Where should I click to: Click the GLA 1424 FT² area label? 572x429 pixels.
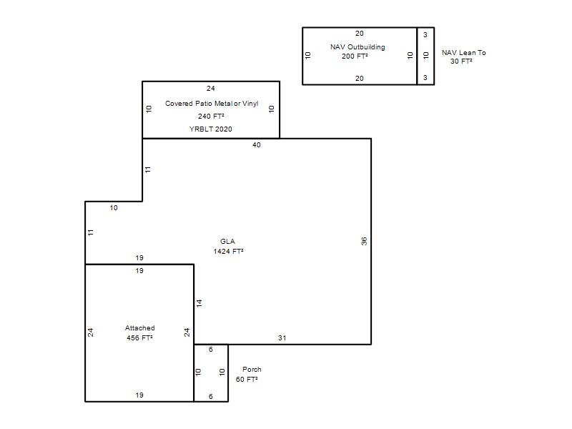(228, 246)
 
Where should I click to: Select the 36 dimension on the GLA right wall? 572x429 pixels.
(364, 241)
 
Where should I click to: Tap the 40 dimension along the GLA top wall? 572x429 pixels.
(257, 145)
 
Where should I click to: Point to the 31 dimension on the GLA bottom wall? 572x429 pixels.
(282, 337)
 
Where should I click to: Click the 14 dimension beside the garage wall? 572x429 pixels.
(199, 303)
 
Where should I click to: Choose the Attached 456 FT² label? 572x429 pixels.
(139, 332)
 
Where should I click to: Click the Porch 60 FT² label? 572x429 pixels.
(248, 374)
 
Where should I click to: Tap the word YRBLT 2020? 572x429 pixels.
(210, 129)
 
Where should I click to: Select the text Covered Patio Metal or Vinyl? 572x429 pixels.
(212, 103)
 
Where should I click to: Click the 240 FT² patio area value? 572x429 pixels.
(211, 116)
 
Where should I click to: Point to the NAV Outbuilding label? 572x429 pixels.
(357, 47)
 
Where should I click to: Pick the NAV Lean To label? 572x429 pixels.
(463, 52)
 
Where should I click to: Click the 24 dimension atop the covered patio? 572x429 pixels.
(210, 88)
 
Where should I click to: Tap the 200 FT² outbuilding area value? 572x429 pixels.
(355, 56)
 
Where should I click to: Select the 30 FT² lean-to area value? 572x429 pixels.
(461, 61)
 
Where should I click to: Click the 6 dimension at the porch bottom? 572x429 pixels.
(210, 396)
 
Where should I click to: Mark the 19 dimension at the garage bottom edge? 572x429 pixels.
(139, 395)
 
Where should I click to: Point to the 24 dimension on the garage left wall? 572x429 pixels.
(91, 332)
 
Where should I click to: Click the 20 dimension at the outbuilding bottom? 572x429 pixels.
(360, 78)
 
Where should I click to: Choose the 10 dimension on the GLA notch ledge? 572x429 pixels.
(114, 207)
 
